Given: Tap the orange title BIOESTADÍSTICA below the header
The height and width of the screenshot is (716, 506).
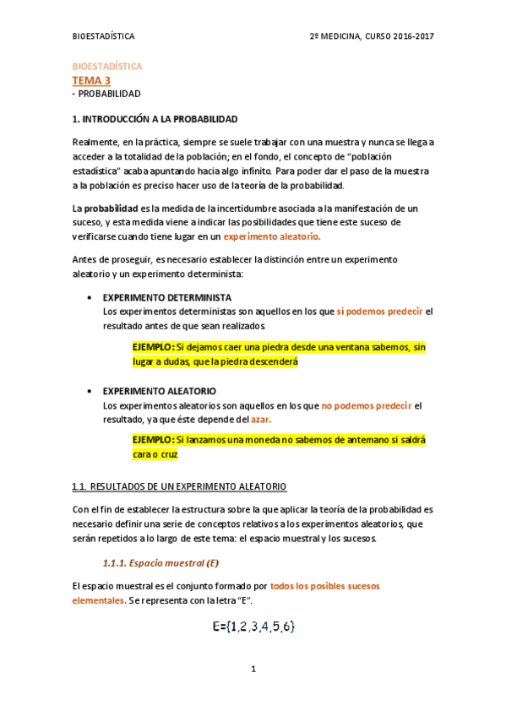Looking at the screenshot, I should [x=106, y=66].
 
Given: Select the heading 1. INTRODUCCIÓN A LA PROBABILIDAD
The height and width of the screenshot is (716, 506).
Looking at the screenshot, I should [x=155, y=119].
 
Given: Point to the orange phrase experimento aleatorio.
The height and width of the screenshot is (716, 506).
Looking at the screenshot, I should [x=272, y=237].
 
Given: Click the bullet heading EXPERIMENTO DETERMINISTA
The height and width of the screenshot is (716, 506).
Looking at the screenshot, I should [x=166, y=298].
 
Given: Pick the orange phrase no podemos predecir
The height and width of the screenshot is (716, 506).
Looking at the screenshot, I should [x=367, y=405].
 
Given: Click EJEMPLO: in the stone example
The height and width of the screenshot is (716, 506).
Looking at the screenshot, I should [x=154, y=347].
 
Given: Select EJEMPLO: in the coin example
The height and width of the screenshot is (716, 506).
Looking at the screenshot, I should [x=154, y=440].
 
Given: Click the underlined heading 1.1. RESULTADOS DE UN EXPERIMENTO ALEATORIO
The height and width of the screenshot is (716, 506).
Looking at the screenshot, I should [x=179, y=487].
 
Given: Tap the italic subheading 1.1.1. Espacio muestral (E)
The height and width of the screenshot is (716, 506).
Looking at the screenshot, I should [x=161, y=563].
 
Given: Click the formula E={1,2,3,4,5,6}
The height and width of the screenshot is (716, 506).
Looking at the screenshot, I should [x=253, y=626].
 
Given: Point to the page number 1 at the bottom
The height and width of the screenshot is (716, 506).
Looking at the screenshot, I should [x=253, y=670].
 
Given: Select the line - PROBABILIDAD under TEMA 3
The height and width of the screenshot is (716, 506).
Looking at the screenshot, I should [x=106, y=94].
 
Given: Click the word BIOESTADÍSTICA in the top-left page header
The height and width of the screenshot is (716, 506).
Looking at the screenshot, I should [x=103, y=37].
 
